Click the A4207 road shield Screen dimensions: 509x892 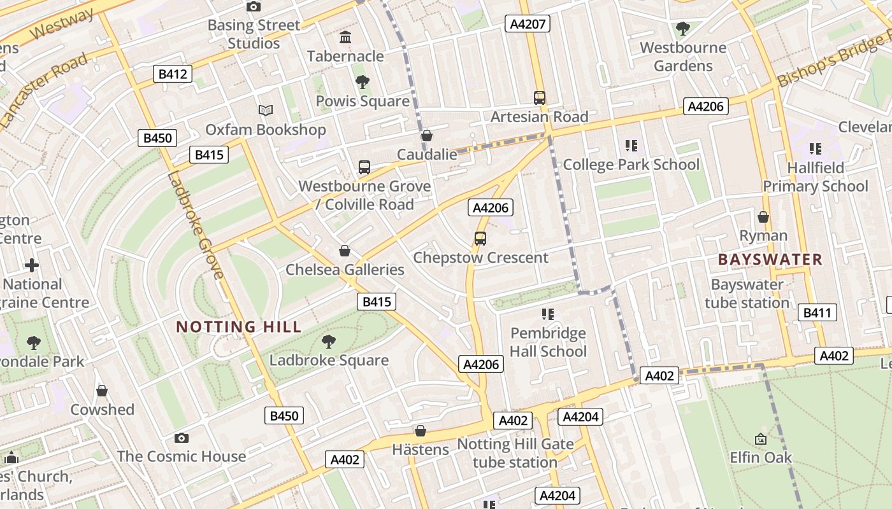click(527, 24)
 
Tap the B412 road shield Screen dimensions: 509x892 click(173, 74)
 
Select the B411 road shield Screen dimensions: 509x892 click(817, 312)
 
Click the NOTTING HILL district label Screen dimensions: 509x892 click(238, 327)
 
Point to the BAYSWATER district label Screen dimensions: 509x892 click(770, 260)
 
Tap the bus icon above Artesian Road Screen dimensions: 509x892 click(540, 98)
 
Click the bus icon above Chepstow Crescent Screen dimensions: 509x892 click(480, 239)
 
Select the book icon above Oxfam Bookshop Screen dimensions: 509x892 click(266, 111)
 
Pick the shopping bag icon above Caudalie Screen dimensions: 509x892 click(427, 136)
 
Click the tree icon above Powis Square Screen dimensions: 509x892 click(363, 82)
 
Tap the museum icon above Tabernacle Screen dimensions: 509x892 click(345, 38)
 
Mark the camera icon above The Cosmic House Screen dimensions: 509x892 click(182, 438)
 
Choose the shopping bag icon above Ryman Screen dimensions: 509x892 click(763, 217)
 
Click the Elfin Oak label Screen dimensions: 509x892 click(761, 457)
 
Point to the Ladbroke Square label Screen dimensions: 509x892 click(329, 360)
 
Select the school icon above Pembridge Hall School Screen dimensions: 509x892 click(547, 314)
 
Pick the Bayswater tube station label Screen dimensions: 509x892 click(747, 293)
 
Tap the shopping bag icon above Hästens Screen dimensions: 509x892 click(420, 431)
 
